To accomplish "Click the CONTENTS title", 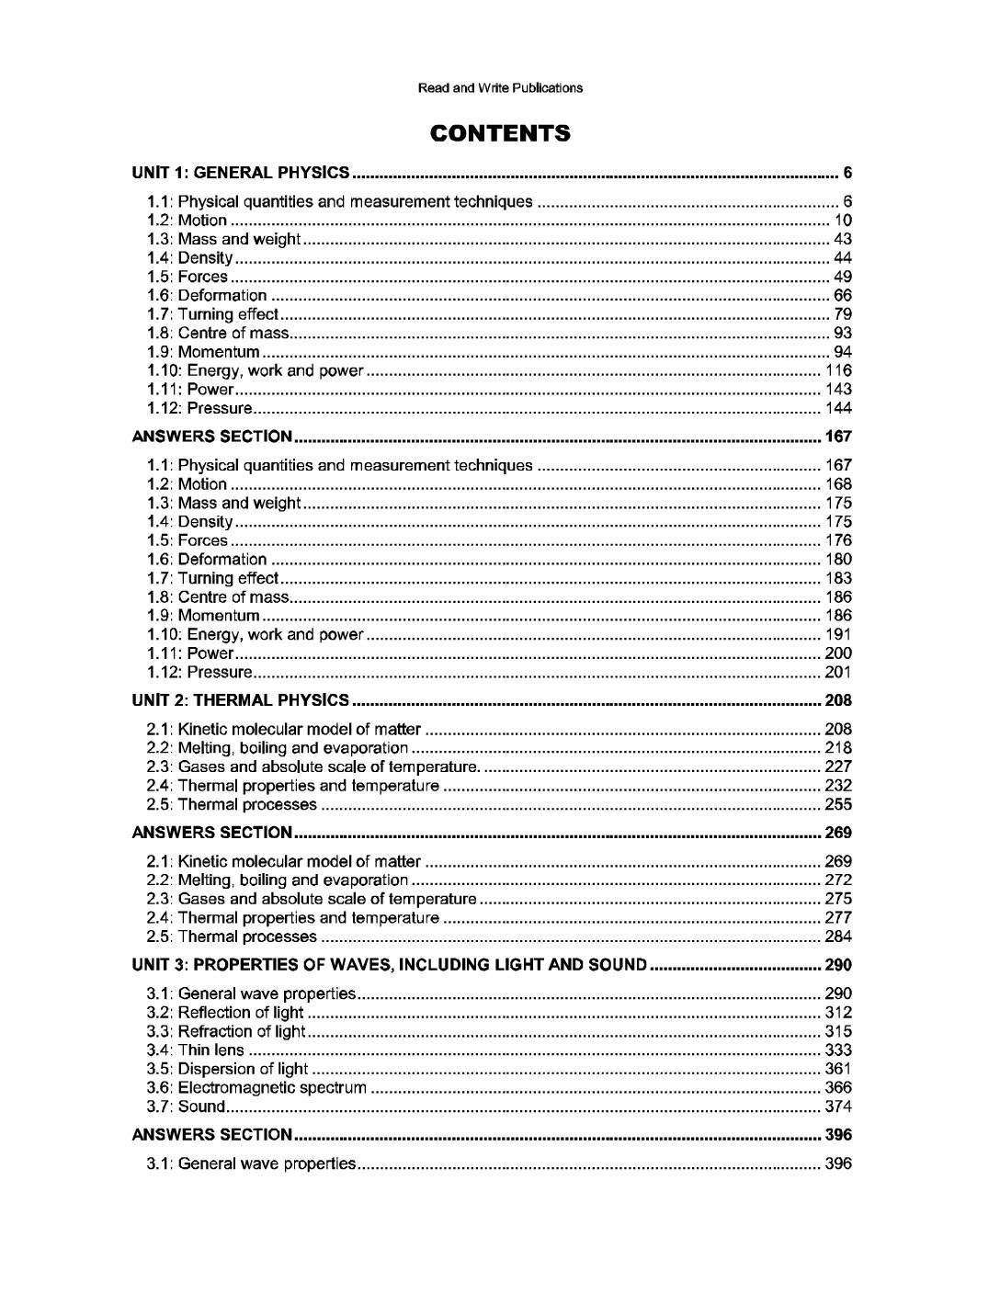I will pos(500,134).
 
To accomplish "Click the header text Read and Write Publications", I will pos(500,88).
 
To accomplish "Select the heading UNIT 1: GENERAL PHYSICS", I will pos(241,172).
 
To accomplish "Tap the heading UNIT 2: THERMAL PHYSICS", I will pos(241,700).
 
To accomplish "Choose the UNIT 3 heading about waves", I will pos(391,965).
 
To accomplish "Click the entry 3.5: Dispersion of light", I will pos(228,1069).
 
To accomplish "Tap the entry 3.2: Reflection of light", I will pos(225,1013).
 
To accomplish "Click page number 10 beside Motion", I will pos(843,221).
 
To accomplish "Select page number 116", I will pos(838,371).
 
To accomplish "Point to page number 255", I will pos(838,805).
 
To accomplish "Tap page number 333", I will pos(838,1050).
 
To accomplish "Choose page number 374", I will pos(838,1107).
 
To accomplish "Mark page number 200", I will pos(838,653).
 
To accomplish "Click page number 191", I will pos(838,634).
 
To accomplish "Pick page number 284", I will pos(838,936).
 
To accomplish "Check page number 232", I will pos(838,786).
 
